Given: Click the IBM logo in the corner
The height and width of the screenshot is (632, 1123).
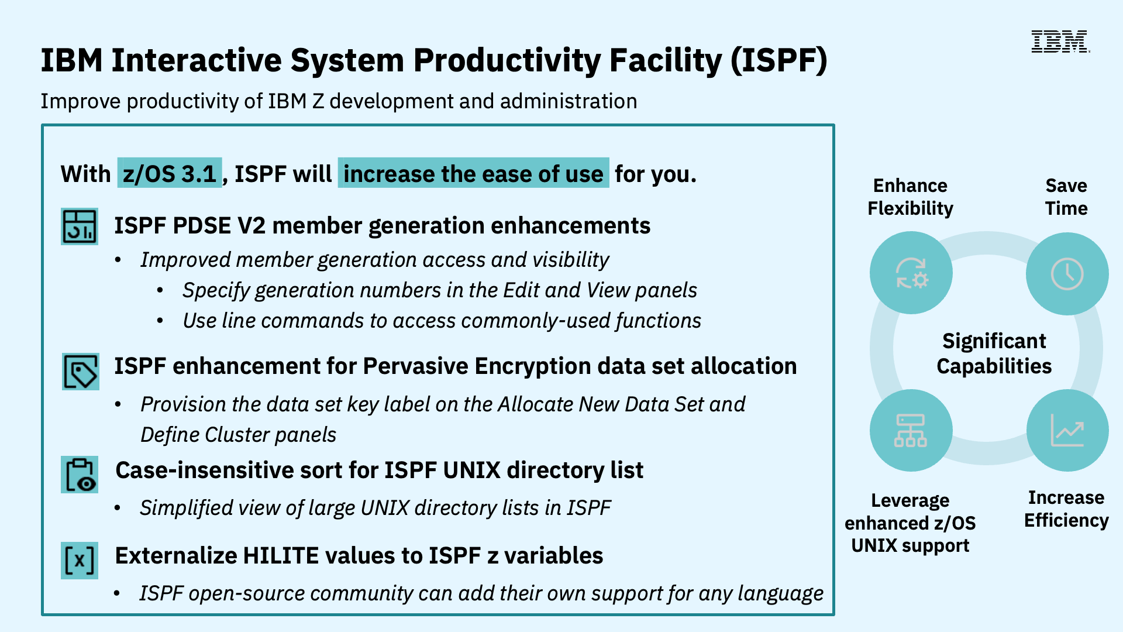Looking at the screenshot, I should tap(1060, 42).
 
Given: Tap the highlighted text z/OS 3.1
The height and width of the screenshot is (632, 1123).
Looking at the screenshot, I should tap(170, 173).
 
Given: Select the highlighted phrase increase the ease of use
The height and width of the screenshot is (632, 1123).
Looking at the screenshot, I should tap(473, 173).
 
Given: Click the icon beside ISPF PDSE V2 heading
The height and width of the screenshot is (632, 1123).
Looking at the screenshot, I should tap(80, 226).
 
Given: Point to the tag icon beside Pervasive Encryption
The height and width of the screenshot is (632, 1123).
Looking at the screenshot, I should tap(81, 372).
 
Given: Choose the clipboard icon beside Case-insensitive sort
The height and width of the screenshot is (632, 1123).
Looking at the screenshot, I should tap(80, 475).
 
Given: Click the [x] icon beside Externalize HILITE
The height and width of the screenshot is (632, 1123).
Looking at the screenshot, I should tap(80, 561).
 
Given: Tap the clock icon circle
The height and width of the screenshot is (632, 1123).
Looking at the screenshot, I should tap(1067, 273).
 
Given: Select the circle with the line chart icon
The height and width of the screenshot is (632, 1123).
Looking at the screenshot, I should tap(1067, 431).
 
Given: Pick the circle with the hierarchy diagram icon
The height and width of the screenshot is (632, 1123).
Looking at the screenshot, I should tap(910, 431).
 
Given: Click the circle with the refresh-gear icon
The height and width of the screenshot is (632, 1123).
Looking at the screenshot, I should tap(911, 273).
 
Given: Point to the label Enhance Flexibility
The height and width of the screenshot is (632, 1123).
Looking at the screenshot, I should tap(910, 197).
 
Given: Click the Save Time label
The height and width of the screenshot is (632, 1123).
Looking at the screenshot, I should tap(1066, 197).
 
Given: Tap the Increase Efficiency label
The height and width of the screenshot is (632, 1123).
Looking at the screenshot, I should tap(1066, 509).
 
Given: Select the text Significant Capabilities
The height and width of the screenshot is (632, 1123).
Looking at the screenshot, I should tap(994, 353).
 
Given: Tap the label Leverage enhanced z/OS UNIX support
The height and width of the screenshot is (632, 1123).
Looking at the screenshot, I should tap(910, 523).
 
